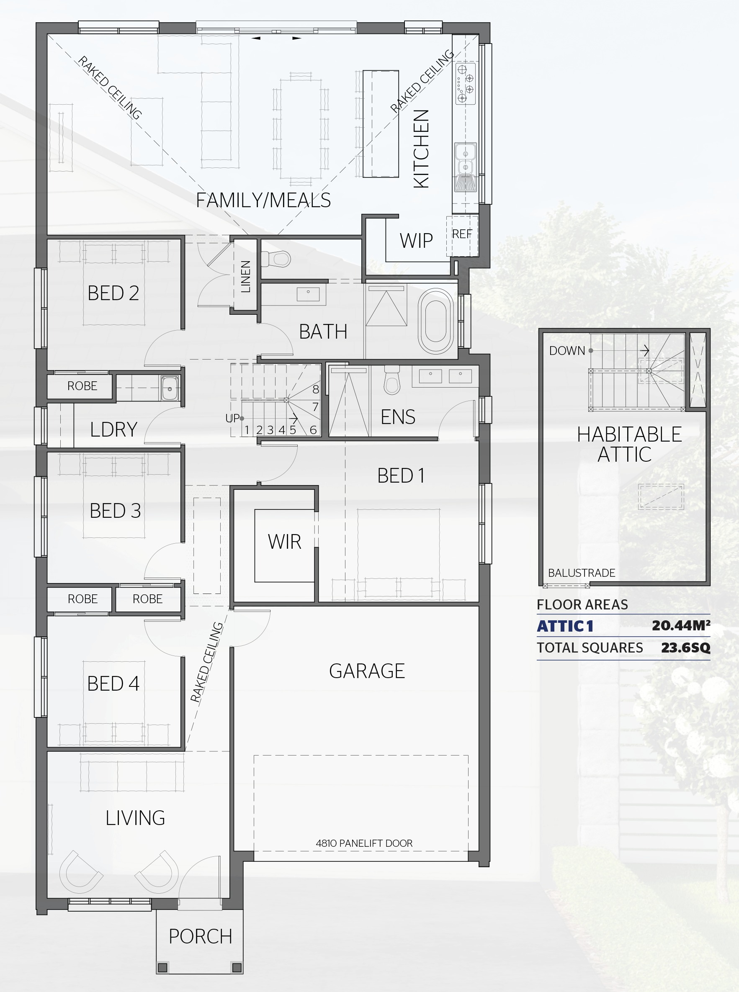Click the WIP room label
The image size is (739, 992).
coord(416,241)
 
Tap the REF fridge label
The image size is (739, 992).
coord(462,234)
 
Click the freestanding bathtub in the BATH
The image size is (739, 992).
coord(435,321)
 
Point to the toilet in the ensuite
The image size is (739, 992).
coord(392,380)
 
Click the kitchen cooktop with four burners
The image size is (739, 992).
coord(465,83)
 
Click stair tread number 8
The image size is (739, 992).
coord(315,389)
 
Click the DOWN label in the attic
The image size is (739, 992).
coord(567,351)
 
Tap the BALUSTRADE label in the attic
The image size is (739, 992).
coord(582,573)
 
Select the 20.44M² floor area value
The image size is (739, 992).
coord(681,625)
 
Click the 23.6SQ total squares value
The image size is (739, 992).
coord(685,648)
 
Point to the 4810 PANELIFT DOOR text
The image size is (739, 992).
coord(364,843)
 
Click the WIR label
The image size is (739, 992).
coord(285,542)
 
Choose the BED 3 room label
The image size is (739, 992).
coord(115,510)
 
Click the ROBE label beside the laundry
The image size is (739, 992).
coord(82,386)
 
